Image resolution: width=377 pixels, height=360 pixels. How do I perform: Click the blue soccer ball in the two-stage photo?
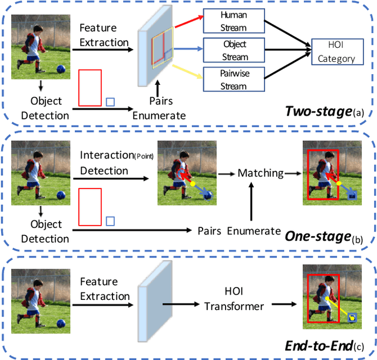[60, 69]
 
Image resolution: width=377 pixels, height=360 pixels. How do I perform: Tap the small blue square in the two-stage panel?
[110, 102]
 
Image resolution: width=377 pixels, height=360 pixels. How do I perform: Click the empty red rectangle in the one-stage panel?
[90, 207]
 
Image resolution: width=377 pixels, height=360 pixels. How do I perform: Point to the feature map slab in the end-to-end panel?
[148, 303]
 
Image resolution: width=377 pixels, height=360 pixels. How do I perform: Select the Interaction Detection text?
[104, 163]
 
